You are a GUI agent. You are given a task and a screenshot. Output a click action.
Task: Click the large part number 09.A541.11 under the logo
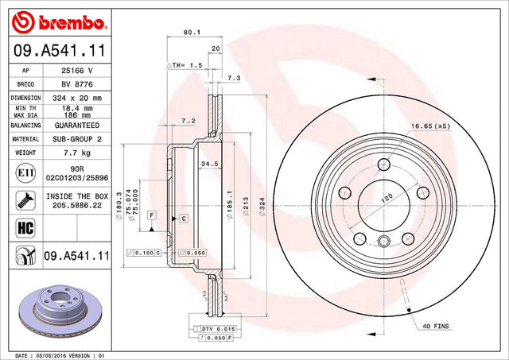point(60,51)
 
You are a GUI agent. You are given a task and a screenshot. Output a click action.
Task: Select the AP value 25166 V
point(77,71)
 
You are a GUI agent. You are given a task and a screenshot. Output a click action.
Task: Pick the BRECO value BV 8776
point(77,84)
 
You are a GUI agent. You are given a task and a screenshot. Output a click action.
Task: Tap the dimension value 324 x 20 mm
point(77,98)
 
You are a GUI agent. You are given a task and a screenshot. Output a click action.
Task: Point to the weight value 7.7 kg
point(77,153)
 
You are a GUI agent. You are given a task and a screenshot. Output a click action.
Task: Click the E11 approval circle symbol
point(25,173)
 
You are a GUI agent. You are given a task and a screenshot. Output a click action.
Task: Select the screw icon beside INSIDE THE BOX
point(25,200)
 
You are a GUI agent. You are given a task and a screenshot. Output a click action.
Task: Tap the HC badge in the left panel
point(25,227)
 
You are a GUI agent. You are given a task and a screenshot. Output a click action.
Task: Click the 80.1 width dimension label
point(192,32)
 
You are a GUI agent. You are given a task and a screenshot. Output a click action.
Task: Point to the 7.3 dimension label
point(234,78)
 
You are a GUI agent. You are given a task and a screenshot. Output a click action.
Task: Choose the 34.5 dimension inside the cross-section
point(210,165)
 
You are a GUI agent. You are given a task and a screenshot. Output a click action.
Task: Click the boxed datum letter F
point(152,215)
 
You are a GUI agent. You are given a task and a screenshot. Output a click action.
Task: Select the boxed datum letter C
point(184,219)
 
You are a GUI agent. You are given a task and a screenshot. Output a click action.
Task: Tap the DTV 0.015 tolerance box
point(215,329)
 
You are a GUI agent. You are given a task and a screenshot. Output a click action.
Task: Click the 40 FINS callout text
point(436,326)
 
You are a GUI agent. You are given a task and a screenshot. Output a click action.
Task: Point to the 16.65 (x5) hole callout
point(431,126)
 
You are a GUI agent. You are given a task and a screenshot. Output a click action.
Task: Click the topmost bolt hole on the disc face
point(384,165)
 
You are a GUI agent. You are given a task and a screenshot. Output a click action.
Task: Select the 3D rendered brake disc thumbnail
point(60,311)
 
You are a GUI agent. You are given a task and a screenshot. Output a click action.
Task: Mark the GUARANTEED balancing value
point(77,126)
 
